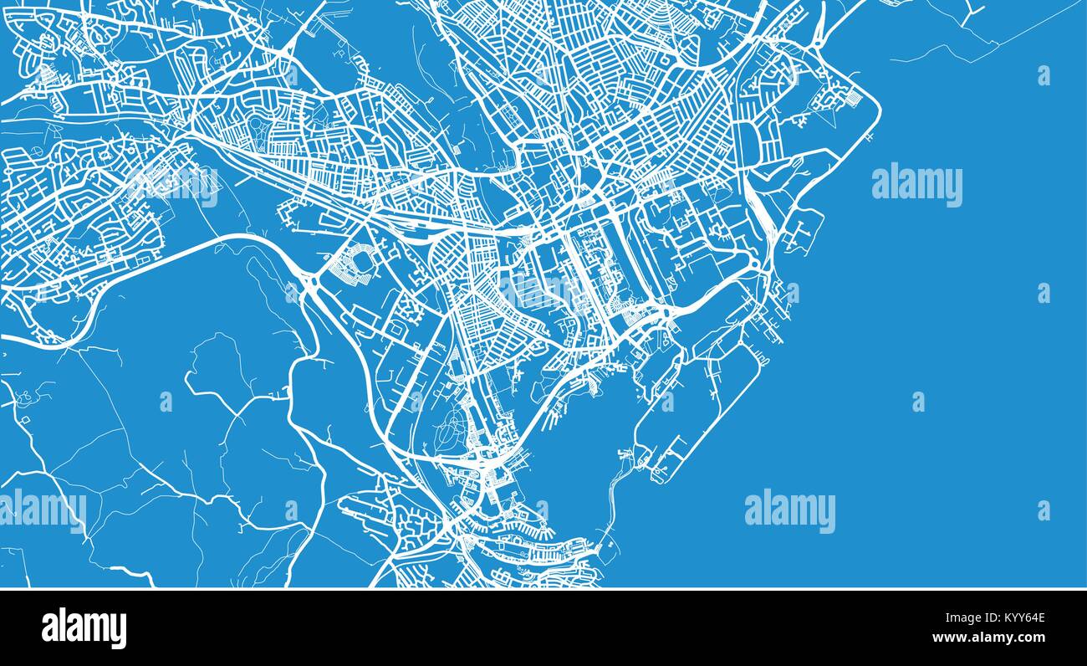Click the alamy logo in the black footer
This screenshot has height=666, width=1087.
coord(84,628)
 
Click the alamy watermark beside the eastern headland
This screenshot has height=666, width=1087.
coord(916,185)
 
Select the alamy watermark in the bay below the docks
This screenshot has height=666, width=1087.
coord(789,511)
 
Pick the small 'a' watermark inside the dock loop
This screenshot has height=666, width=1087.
coord(667,401)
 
